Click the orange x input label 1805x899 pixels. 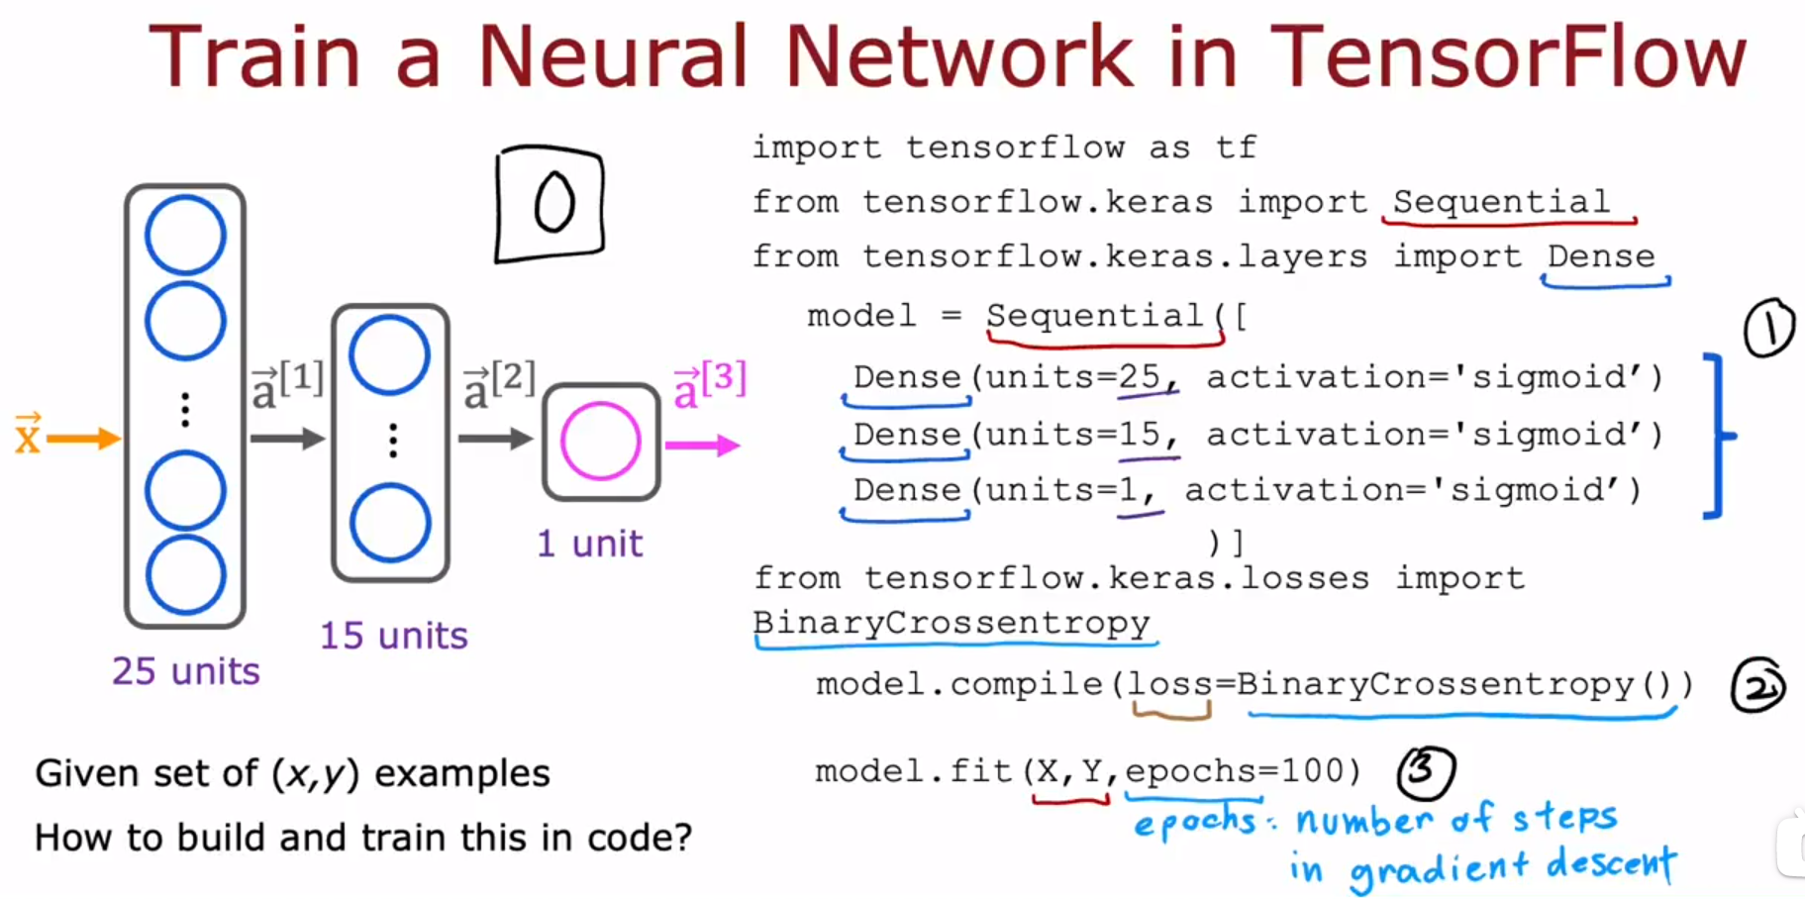(28, 435)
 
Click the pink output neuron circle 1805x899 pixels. (600, 442)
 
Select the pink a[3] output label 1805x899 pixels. (709, 384)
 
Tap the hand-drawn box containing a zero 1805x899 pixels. (551, 204)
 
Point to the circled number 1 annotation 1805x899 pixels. (1768, 329)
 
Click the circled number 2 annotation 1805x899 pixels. (1757, 686)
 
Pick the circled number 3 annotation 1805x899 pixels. (1426, 771)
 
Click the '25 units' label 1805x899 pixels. (185, 671)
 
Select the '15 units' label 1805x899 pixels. (393, 636)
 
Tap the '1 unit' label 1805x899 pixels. (589, 544)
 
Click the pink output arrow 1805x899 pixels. (702, 446)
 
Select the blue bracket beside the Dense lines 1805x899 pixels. (1717, 436)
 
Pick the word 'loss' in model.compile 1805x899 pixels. (1170, 684)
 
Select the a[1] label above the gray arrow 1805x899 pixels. (286, 384)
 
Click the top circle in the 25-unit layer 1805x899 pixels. (185, 236)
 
